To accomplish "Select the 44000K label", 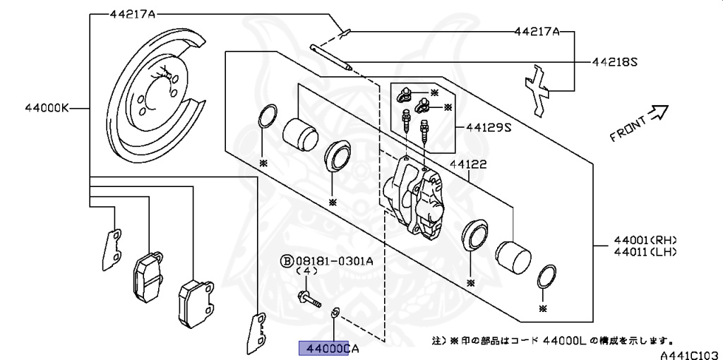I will click(x=46, y=108).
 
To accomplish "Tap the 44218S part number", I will click(x=614, y=61).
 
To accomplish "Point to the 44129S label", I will click(x=488, y=128).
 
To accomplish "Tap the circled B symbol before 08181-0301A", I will click(x=287, y=260).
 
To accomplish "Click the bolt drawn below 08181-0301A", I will click(x=309, y=299).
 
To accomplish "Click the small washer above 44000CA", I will click(x=335, y=312).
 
